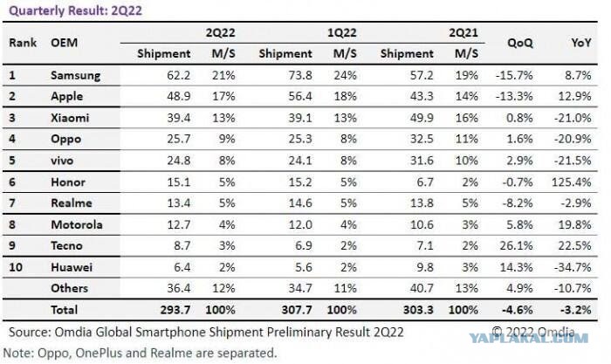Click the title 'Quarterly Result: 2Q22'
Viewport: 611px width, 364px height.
75,10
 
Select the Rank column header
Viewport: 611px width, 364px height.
23,43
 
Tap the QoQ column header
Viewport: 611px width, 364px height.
520,43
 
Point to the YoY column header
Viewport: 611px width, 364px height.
581,43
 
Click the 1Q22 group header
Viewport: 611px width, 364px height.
342,32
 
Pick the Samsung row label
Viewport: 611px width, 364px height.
76,75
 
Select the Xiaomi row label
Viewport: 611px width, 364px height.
70,118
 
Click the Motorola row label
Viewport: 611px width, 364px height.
77,224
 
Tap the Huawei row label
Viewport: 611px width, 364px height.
72,267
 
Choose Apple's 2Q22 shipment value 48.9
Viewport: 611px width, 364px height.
179,96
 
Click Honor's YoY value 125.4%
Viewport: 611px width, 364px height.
571,182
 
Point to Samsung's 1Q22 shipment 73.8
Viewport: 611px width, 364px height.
300,75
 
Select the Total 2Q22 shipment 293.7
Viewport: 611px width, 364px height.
175,310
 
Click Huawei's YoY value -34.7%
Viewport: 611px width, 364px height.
573,267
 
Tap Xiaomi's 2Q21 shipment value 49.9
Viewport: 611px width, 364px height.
422,118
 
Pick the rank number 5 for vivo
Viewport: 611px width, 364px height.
12,160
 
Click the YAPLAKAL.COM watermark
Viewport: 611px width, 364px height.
529,338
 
